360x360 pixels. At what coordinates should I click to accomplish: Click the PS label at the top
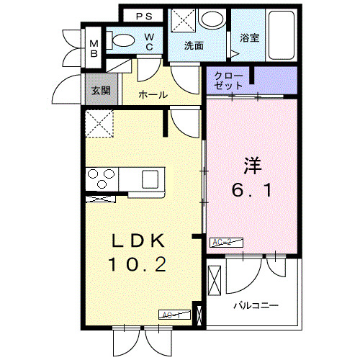click(144, 15)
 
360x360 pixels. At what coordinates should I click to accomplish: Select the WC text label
click(148, 42)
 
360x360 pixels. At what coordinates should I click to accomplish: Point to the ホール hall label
click(153, 94)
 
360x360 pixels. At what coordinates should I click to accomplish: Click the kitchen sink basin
click(152, 177)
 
